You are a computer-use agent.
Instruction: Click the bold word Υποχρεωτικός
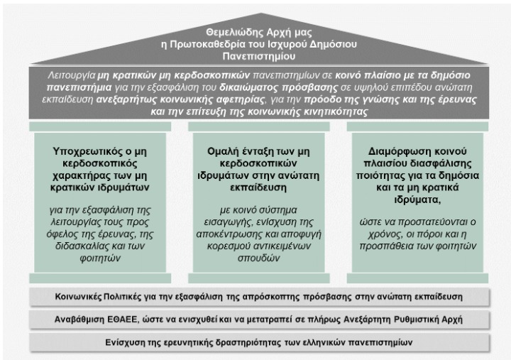(87, 151)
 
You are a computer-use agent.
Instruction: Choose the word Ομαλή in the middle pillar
(219, 151)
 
